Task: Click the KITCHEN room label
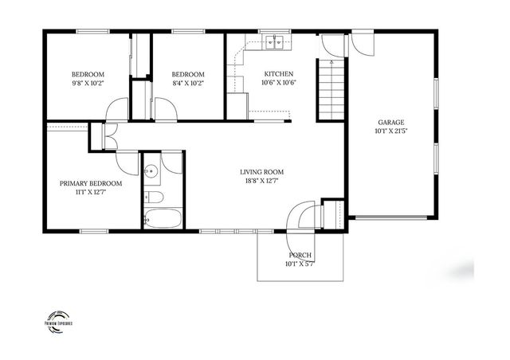[278, 72]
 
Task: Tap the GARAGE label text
[391, 122]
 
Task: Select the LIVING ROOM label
[262, 171]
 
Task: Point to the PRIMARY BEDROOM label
[90, 183]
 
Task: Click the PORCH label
[300, 255]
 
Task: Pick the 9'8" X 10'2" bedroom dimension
[88, 82]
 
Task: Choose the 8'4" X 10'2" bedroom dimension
[188, 82]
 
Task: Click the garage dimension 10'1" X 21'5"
[391, 131]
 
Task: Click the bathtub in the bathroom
[163, 217]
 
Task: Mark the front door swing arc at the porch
[301, 215]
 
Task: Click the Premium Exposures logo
[58, 319]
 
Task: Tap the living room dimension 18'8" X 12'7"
[262, 181]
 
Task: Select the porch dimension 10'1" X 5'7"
[300, 264]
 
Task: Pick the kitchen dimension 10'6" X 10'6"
[278, 82]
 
